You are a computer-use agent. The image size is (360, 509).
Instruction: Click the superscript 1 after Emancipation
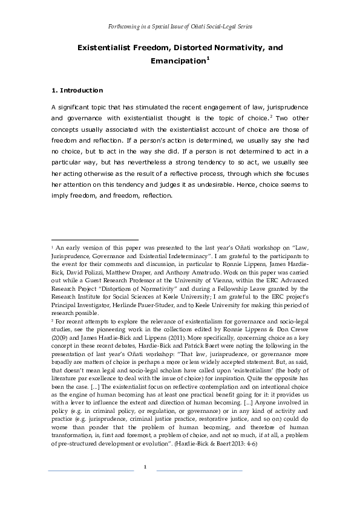[208, 59]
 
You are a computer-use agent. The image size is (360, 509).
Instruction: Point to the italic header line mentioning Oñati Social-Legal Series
[180, 27]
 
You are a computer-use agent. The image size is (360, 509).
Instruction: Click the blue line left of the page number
[91, 470]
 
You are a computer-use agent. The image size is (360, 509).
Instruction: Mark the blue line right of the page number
[199, 470]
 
